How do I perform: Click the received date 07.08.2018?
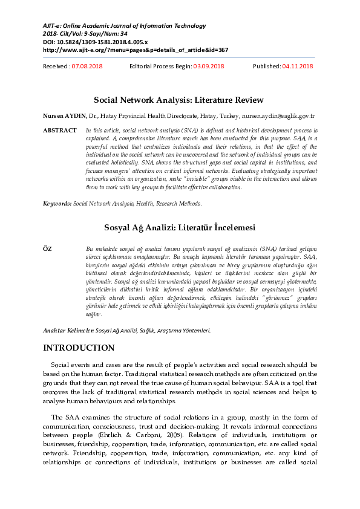(x=87, y=66)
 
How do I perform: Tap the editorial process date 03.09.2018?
(x=208, y=66)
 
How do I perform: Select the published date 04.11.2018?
(x=298, y=66)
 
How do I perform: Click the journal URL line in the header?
(x=136, y=50)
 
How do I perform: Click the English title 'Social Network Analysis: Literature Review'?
(x=178, y=99)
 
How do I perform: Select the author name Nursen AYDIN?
(x=64, y=115)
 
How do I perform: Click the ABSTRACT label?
(x=60, y=131)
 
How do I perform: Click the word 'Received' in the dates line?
(x=56, y=66)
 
